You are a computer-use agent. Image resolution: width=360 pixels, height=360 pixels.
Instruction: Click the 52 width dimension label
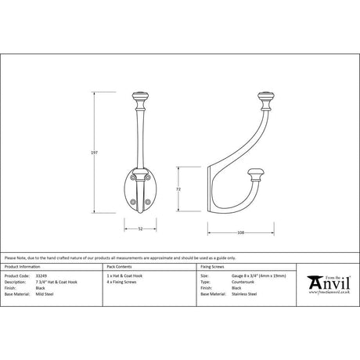(x=140, y=229)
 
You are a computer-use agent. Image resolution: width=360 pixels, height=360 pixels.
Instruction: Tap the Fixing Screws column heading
(x=213, y=268)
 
